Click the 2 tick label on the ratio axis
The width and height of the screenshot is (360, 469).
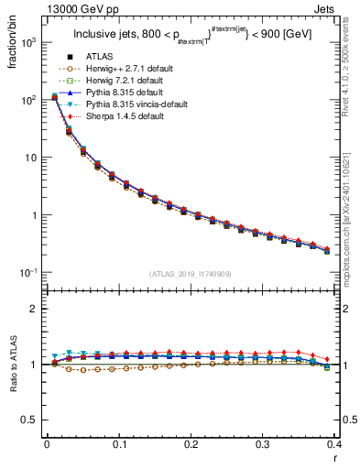[34, 310]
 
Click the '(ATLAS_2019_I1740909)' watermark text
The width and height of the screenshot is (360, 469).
[191, 274]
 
